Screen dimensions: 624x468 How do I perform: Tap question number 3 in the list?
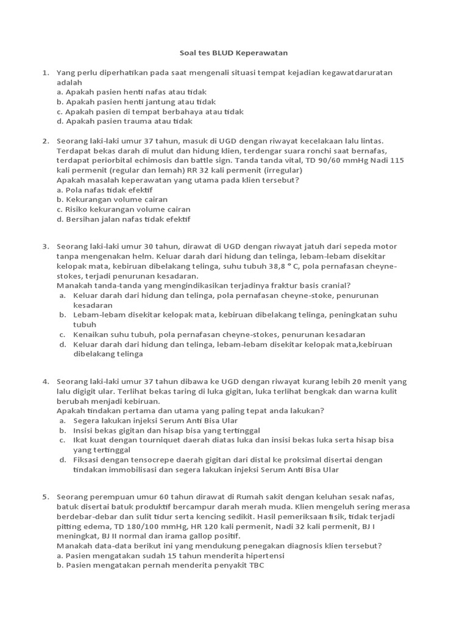[x=45, y=246]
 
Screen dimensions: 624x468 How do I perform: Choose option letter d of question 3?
[x=62, y=344]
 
